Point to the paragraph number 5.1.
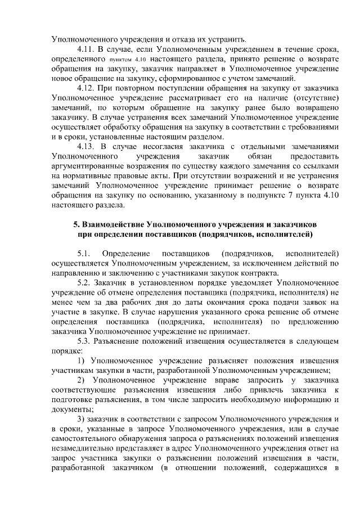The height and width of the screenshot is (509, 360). click(84, 253)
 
